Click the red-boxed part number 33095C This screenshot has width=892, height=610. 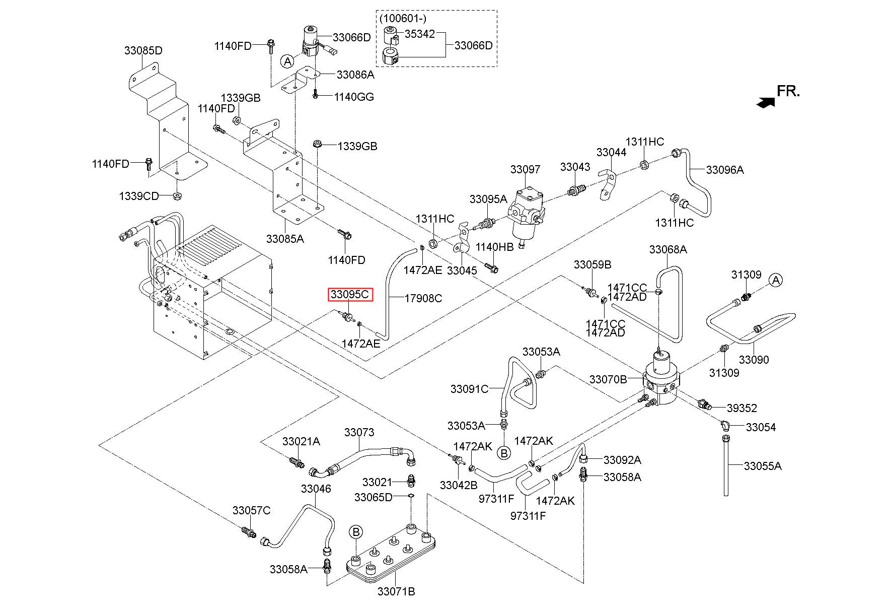[x=350, y=294]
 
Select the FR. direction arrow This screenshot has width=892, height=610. [x=766, y=103]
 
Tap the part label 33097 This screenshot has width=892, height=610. [x=525, y=170]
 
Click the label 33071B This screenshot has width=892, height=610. [x=396, y=592]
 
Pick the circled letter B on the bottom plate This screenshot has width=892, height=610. [x=356, y=532]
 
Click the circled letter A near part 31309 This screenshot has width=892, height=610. [x=776, y=280]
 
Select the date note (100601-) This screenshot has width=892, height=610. [x=403, y=19]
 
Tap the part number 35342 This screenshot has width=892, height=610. [x=420, y=34]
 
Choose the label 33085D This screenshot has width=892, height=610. [x=143, y=51]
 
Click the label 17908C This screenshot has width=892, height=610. [x=423, y=299]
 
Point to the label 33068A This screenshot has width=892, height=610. [x=668, y=250]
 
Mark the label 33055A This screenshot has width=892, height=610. [x=763, y=466]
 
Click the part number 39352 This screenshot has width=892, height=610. [x=742, y=409]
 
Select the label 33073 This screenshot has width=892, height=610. [x=359, y=433]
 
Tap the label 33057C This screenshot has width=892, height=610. [x=251, y=511]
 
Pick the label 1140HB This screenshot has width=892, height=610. [x=495, y=247]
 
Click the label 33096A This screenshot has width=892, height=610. [x=725, y=170]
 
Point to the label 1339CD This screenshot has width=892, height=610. [x=138, y=196]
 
